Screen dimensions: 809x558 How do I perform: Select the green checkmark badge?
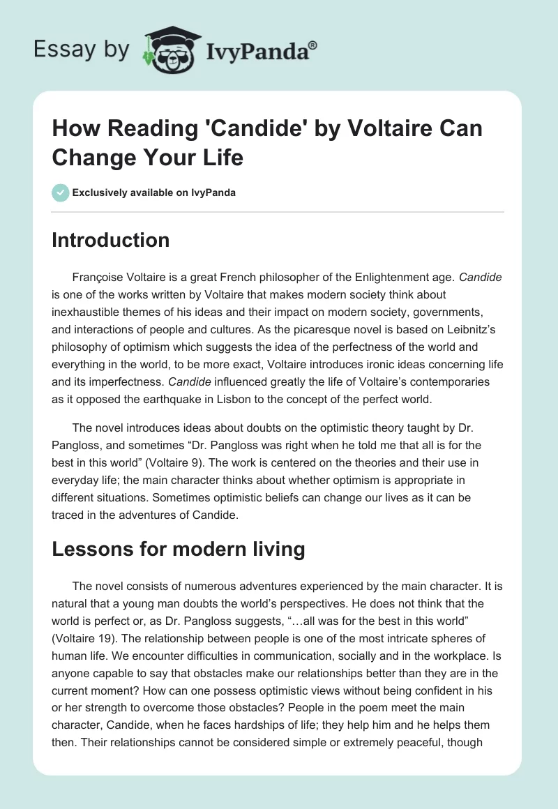pyautogui.click(x=61, y=192)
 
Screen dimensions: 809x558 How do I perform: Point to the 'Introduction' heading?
pyautogui.click(x=111, y=240)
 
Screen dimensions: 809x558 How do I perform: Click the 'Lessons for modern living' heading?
pyautogui.click(x=179, y=550)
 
